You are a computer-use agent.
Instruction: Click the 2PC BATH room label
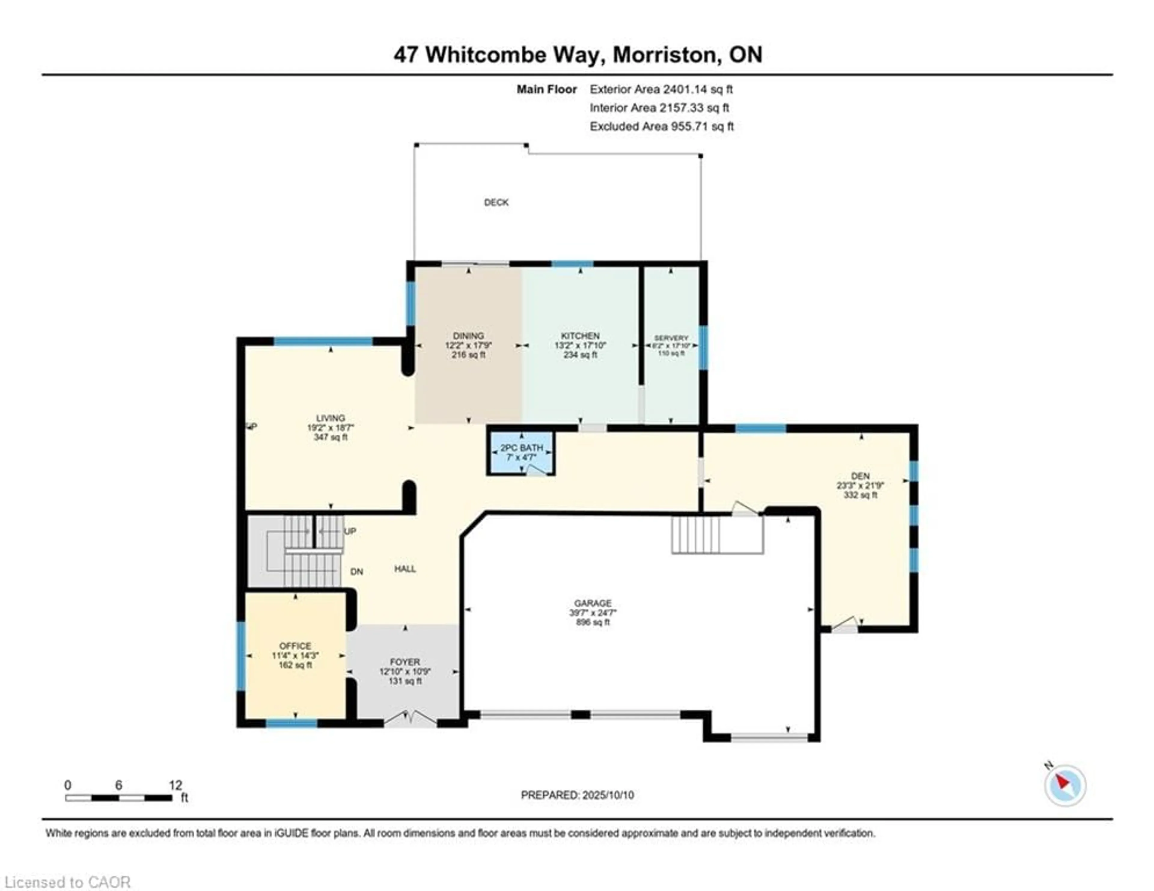coord(521,448)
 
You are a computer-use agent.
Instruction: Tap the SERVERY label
coord(671,338)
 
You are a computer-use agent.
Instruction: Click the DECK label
coord(496,202)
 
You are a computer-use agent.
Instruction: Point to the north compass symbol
coord(1065,785)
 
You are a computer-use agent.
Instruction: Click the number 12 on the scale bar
coord(176,785)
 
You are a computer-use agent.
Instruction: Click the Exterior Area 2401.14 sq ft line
coord(661,89)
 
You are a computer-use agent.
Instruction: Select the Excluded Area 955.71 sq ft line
coord(661,126)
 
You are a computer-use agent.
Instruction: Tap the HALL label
coord(405,569)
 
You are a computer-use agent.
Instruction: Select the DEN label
coord(860,476)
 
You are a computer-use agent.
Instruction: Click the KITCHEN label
coord(580,335)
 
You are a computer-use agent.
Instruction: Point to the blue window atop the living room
coord(323,341)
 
